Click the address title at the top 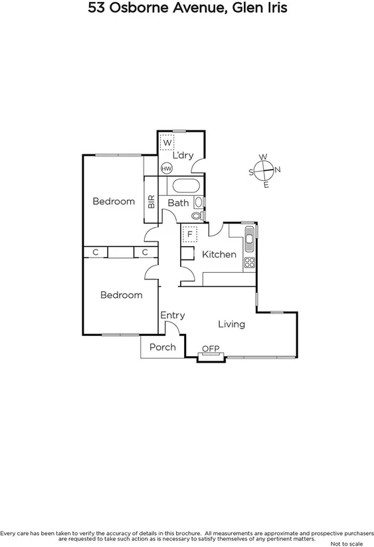[187, 9]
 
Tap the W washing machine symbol [167, 143]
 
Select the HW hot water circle [166, 168]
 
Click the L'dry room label [183, 156]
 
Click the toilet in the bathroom [197, 216]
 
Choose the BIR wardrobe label [151, 202]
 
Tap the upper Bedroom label [114, 202]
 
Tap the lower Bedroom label [121, 295]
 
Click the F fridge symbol [190, 234]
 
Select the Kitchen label [219, 254]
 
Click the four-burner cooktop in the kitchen [250, 262]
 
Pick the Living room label [232, 324]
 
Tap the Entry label [173, 315]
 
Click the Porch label [162, 347]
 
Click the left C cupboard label [96, 252]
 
